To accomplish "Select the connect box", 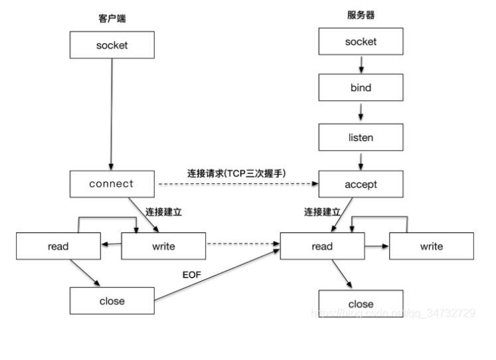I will [112, 184].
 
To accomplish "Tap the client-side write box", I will [164, 246].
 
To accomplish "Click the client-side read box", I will [58, 246].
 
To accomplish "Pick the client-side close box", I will [112, 301].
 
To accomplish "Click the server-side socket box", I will [361, 42].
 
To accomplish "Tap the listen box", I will [361, 137].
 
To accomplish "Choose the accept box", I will [361, 185].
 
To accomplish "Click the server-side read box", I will [323, 246].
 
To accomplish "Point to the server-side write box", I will [432, 246].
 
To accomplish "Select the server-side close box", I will [361, 304].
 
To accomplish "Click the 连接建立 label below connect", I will [163, 211].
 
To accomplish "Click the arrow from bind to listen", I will [361, 112].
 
